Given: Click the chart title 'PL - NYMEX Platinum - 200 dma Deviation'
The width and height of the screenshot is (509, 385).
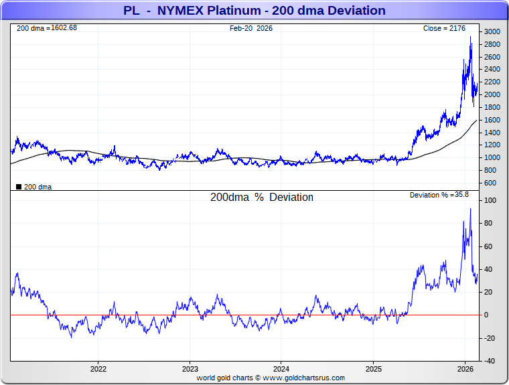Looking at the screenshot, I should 254,11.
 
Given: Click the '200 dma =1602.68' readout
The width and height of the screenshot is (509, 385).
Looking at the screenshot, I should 47,28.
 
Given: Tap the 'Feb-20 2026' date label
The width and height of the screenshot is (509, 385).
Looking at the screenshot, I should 251,28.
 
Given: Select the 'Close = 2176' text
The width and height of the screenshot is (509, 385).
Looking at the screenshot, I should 449,28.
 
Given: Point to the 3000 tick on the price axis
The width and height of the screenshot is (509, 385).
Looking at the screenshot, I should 492,32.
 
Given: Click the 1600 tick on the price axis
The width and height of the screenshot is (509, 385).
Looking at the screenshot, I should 492,120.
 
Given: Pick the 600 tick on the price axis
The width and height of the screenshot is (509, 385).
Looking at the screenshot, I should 490,183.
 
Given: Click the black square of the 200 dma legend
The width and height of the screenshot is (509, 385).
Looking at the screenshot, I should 19,187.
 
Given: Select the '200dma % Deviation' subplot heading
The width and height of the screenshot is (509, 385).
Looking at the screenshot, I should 262,198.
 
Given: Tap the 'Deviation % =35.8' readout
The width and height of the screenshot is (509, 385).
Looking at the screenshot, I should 439,195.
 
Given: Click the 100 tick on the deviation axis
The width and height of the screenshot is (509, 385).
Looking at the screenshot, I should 490,201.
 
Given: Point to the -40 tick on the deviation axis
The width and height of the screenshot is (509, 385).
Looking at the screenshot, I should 490,361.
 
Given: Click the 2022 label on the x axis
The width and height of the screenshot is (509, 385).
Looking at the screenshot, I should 98,369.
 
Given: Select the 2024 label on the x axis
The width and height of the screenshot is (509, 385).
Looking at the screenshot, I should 281,369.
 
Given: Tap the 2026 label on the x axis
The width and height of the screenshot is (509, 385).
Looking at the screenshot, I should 465,369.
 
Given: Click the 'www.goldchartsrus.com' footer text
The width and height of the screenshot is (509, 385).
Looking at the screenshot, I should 304,378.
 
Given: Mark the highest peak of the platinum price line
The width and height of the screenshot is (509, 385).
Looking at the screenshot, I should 471,37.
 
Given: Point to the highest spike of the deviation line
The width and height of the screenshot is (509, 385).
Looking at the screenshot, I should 470,209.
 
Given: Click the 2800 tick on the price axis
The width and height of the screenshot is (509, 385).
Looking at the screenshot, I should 492,45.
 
